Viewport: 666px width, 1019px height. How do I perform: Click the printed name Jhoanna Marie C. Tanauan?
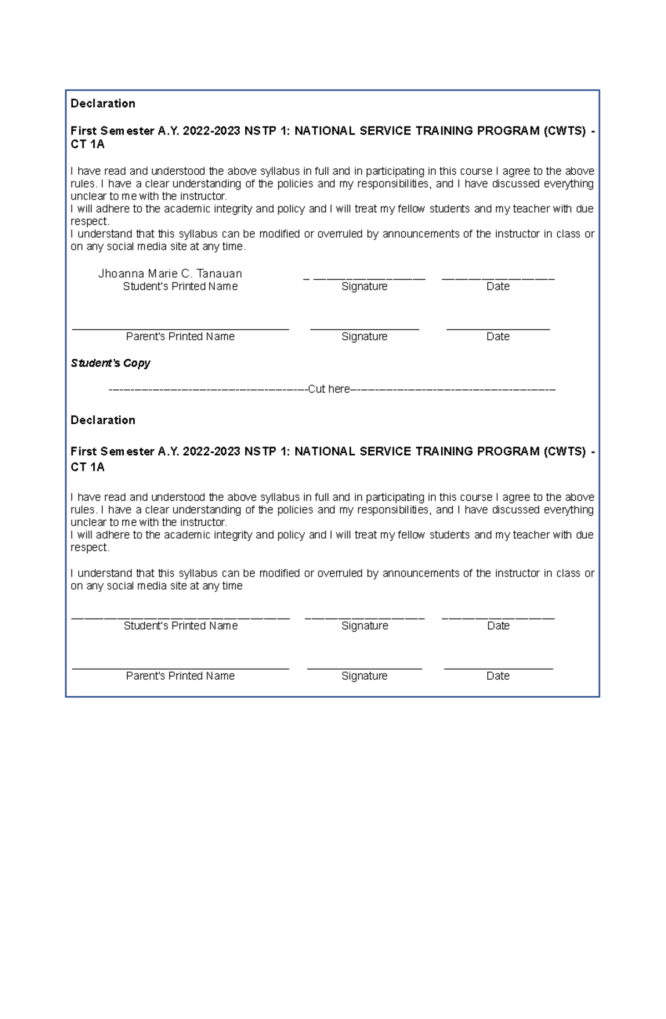click(170, 274)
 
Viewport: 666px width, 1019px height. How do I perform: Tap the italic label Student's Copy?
click(110, 363)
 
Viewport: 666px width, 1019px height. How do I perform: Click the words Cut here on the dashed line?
click(329, 389)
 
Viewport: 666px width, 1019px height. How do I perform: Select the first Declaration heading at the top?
click(103, 104)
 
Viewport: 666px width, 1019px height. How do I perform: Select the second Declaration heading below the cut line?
click(103, 420)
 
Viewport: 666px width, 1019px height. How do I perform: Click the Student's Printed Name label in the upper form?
click(180, 287)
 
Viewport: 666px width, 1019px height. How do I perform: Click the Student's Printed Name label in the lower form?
click(180, 626)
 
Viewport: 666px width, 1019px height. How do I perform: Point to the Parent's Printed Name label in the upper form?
click(180, 337)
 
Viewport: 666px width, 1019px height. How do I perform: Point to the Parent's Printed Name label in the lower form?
click(180, 676)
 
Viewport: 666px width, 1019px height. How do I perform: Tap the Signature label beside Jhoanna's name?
click(364, 287)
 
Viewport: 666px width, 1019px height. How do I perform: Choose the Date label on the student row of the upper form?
click(498, 287)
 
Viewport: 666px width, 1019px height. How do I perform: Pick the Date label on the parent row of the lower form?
click(498, 676)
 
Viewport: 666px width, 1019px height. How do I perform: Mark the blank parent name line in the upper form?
click(180, 329)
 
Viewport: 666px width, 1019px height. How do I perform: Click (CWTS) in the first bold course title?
click(564, 131)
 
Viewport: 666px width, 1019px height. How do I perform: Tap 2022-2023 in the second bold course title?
click(211, 451)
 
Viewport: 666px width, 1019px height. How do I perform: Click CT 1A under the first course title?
click(87, 145)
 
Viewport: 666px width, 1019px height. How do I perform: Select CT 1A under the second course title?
click(87, 468)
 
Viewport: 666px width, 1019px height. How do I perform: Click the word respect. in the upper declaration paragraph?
click(90, 222)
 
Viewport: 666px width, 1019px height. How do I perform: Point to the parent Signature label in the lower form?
click(364, 676)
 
